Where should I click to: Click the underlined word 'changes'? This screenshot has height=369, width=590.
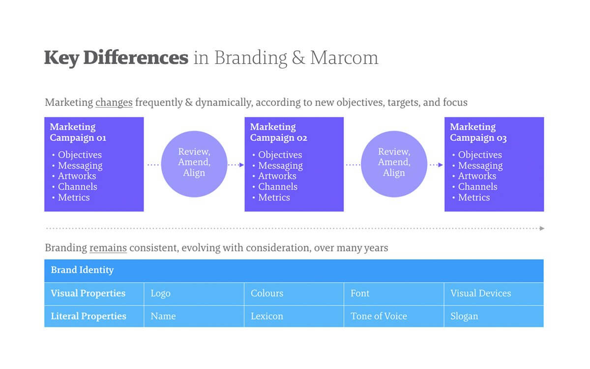click(114, 102)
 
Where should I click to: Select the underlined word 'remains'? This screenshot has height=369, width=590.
click(108, 248)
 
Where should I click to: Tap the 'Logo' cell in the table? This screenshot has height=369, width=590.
click(194, 294)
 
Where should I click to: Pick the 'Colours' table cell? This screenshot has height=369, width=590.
click(294, 294)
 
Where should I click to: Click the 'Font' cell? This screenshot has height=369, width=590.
click(394, 294)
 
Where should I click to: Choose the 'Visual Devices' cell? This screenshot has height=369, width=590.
click(494, 294)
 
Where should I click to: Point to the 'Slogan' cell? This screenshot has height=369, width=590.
click(494, 316)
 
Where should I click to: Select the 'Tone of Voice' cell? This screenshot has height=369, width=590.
click(394, 316)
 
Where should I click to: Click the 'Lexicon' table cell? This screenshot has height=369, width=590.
click(294, 316)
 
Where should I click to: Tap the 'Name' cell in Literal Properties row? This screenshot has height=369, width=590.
click(194, 316)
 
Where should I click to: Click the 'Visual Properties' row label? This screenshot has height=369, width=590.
click(88, 293)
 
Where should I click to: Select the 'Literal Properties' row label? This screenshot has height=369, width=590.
click(88, 316)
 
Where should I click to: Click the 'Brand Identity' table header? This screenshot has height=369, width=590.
click(82, 270)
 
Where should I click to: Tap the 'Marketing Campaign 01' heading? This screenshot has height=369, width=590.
click(78, 132)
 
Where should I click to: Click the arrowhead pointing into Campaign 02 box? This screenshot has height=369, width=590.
click(241, 165)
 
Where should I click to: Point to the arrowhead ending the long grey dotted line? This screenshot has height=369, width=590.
click(541, 228)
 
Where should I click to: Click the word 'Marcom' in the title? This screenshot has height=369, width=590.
click(344, 58)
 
